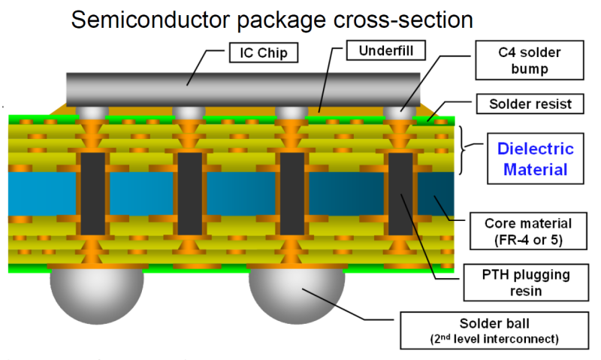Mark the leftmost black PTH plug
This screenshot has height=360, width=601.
tap(92, 193)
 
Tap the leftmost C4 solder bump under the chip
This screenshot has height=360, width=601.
tap(92, 113)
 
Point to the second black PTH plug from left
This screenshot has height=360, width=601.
tap(189, 193)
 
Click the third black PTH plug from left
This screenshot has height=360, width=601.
tap(292, 193)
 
